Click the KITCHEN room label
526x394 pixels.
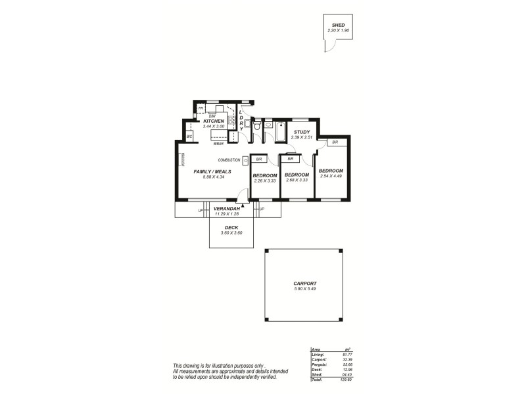[x=214, y=121]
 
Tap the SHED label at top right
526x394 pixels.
[x=338, y=25]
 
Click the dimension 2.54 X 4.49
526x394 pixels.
[x=331, y=176]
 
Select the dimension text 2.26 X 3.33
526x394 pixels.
[x=264, y=181]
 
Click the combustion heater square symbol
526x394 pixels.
[x=245, y=160]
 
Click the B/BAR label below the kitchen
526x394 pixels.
[x=218, y=143]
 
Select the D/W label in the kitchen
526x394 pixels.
[x=212, y=116]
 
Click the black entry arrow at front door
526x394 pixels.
[x=243, y=206]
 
